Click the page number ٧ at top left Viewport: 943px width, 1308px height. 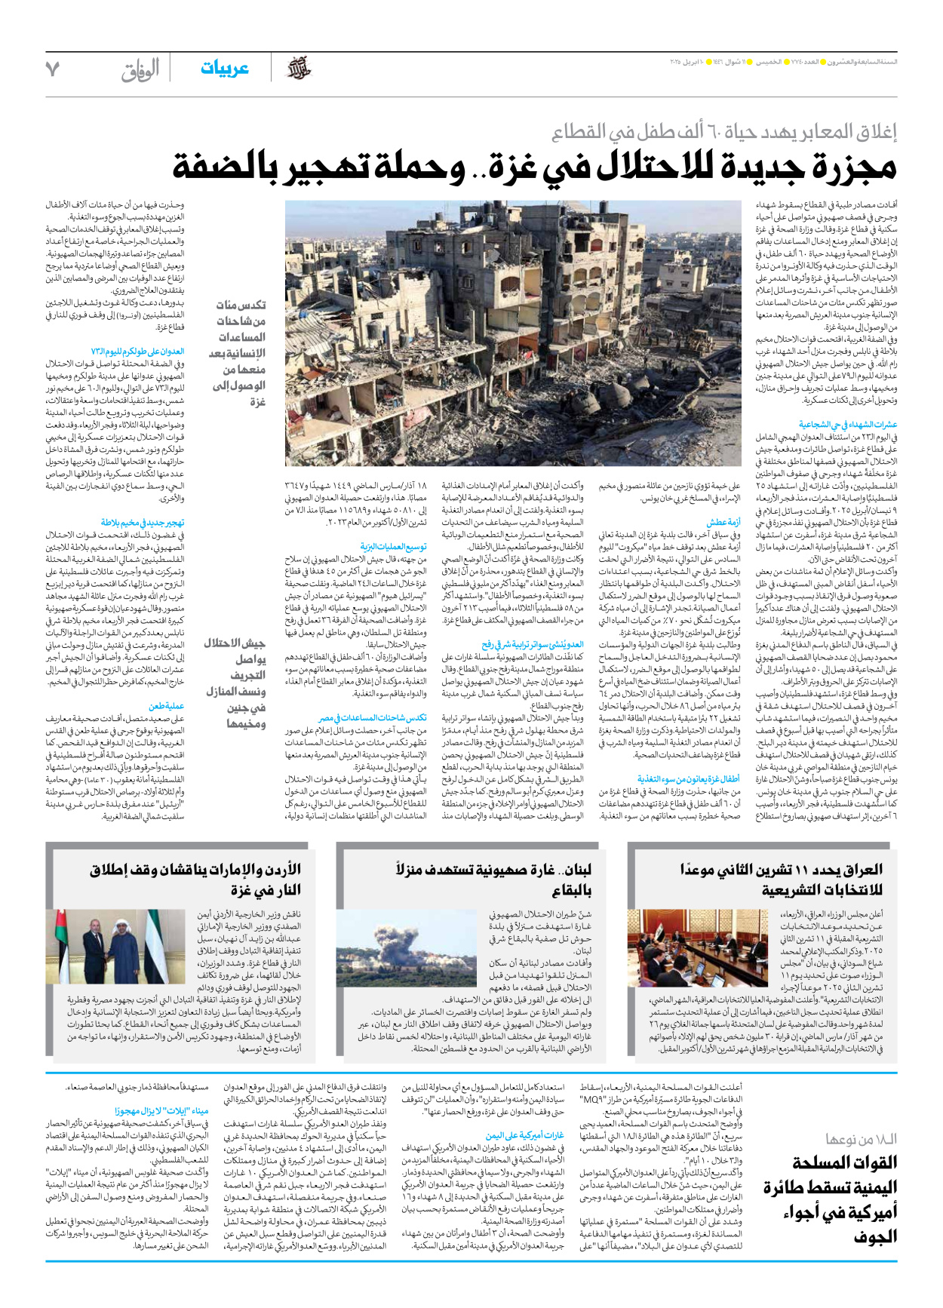point(52,69)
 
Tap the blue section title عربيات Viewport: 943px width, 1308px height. point(224,69)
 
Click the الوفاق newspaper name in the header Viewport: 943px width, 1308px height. point(140,70)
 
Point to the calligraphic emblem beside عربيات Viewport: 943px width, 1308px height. point(299,69)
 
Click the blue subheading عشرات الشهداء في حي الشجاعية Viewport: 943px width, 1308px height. point(848,425)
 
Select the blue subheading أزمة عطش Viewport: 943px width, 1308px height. point(723,522)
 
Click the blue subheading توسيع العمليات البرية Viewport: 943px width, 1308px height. point(393,546)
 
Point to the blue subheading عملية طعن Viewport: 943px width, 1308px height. point(167,706)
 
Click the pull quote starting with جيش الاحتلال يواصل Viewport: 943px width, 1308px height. point(235,683)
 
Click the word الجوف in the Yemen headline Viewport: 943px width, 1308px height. point(875,1236)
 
